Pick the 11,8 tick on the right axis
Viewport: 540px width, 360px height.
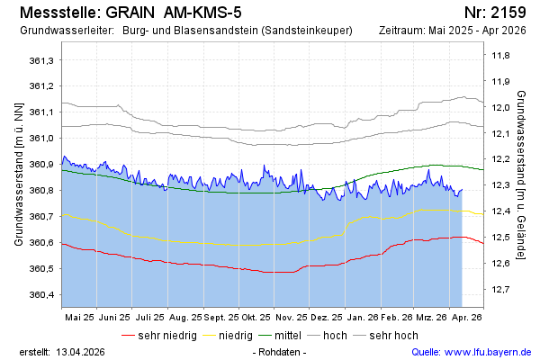pos(500,56)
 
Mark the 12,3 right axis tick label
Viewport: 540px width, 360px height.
pos(500,185)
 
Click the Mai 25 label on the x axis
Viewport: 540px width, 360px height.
pos(79,318)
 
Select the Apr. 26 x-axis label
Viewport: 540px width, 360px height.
pos(466,318)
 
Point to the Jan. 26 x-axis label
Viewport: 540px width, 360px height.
pos(361,318)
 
